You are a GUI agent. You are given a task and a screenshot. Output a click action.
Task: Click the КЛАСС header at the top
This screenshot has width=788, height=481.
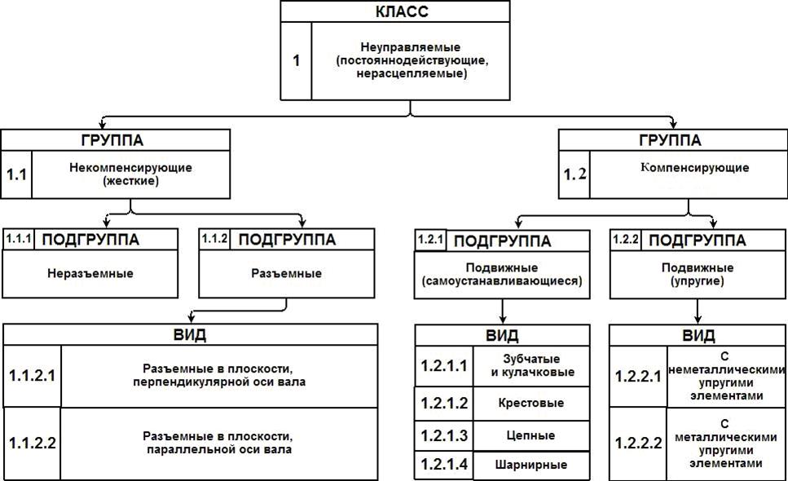pos(402,11)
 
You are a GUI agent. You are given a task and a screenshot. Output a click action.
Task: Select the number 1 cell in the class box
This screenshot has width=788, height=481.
pos(296,61)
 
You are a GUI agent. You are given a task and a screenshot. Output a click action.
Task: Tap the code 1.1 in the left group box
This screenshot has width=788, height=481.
pos(16,174)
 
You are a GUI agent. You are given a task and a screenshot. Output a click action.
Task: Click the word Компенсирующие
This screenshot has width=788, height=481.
pos(694,167)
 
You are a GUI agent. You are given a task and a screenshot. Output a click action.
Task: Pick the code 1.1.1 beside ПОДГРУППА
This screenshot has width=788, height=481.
pos(19,238)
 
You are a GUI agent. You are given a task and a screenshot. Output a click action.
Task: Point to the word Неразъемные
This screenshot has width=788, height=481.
pos(90,273)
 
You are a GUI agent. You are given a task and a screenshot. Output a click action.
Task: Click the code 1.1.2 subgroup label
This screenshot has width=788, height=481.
pos(214,238)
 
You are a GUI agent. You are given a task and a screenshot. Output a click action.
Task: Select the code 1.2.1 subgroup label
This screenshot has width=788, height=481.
pos(430,239)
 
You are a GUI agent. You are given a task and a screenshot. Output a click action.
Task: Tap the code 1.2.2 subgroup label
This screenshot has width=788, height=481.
pos(626,239)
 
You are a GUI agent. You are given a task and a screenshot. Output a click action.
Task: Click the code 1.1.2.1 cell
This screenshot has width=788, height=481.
pos(32,376)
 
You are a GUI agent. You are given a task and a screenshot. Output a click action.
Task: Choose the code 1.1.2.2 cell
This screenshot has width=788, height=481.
pos(32,443)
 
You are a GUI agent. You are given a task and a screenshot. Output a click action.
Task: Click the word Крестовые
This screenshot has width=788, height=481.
pos(531,403)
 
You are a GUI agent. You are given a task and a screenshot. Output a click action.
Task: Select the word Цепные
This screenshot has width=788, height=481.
pos(531,435)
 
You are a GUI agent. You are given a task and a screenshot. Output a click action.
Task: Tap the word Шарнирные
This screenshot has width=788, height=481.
pos(531,465)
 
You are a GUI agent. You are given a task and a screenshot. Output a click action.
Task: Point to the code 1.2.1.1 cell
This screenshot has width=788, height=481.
pos(444,366)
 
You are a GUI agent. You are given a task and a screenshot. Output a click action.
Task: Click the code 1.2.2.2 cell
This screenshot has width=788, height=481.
pos(639,443)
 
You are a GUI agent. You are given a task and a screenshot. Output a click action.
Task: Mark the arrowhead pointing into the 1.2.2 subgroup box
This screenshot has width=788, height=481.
pos(712,224)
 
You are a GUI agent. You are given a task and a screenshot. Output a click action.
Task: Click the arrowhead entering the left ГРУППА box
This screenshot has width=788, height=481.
pos(103,125)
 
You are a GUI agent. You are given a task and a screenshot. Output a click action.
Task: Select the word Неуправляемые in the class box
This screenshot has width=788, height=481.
pos(411,47)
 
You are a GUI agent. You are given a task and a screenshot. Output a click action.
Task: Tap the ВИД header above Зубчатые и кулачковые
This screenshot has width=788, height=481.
pos(503,335)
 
